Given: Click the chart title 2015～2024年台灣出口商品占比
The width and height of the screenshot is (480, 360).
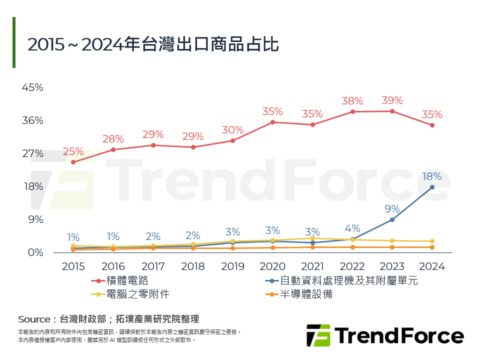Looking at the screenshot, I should pyautogui.click(x=152, y=44).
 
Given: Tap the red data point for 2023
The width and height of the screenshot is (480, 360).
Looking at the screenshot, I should pyautogui.click(x=392, y=111).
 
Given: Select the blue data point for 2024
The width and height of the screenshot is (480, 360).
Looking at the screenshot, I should pyautogui.click(x=432, y=187).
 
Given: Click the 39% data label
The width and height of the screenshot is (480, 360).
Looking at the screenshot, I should pyautogui.click(x=392, y=100).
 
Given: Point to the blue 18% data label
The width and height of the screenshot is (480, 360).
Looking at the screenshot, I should pyautogui.click(x=432, y=176).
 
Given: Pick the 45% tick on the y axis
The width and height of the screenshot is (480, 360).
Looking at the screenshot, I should pyautogui.click(x=32, y=87).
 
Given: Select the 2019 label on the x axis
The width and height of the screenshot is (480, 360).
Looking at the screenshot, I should pyautogui.click(x=232, y=266).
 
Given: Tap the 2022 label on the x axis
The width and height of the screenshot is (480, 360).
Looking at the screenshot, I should pyautogui.click(x=352, y=266).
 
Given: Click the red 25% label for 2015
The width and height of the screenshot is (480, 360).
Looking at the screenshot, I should pyautogui.click(x=73, y=151).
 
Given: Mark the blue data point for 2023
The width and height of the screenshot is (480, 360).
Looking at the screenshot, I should pyautogui.click(x=392, y=219).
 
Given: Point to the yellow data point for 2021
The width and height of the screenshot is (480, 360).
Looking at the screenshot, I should pyautogui.click(x=312, y=238).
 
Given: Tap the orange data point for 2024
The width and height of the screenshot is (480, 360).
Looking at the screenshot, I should pyautogui.click(x=432, y=247).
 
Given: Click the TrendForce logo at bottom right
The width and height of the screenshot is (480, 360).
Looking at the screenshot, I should pyautogui.click(x=385, y=335).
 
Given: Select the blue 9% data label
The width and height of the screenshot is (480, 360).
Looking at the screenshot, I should pyautogui.click(x=392, y=208).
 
